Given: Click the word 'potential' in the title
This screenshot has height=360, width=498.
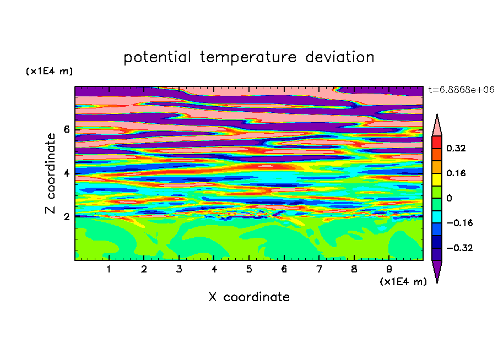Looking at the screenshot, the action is pos(157,57).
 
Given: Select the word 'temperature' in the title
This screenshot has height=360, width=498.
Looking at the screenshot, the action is pos(248,57).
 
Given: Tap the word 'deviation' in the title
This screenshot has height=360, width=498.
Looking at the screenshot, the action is pos(340,57).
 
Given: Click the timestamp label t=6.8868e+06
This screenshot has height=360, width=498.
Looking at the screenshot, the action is pos(461,90).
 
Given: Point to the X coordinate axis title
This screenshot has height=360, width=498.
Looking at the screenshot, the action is pos(249,297).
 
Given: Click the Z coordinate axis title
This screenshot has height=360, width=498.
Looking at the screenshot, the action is pos(50,173).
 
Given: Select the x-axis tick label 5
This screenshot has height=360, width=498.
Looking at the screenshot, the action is pos(249,269).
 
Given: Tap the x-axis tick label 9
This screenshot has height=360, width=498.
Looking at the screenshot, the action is pos(389,269).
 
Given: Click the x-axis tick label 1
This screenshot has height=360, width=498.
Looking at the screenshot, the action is pos(109,269).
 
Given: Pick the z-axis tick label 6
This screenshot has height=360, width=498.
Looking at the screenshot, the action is pos(66,129).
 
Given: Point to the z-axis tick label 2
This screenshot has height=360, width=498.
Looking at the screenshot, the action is pos(66,217).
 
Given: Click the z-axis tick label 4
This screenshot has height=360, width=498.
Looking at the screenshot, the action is pos(66,173).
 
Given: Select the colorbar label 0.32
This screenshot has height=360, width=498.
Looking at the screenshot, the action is pos(456,148).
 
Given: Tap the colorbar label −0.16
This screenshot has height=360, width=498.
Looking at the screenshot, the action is pos(459,223).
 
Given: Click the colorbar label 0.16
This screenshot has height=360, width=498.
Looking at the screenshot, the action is pos(456,173).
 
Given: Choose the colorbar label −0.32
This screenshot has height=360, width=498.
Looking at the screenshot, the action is pos(459,248).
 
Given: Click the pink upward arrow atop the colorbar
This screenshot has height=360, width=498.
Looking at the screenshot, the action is pos(437,127).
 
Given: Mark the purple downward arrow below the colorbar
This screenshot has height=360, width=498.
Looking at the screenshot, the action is pos(437,270).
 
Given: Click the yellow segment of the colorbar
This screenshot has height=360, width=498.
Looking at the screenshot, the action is pos(437,179).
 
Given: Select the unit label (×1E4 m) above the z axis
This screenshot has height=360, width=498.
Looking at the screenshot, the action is pos(49,71).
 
